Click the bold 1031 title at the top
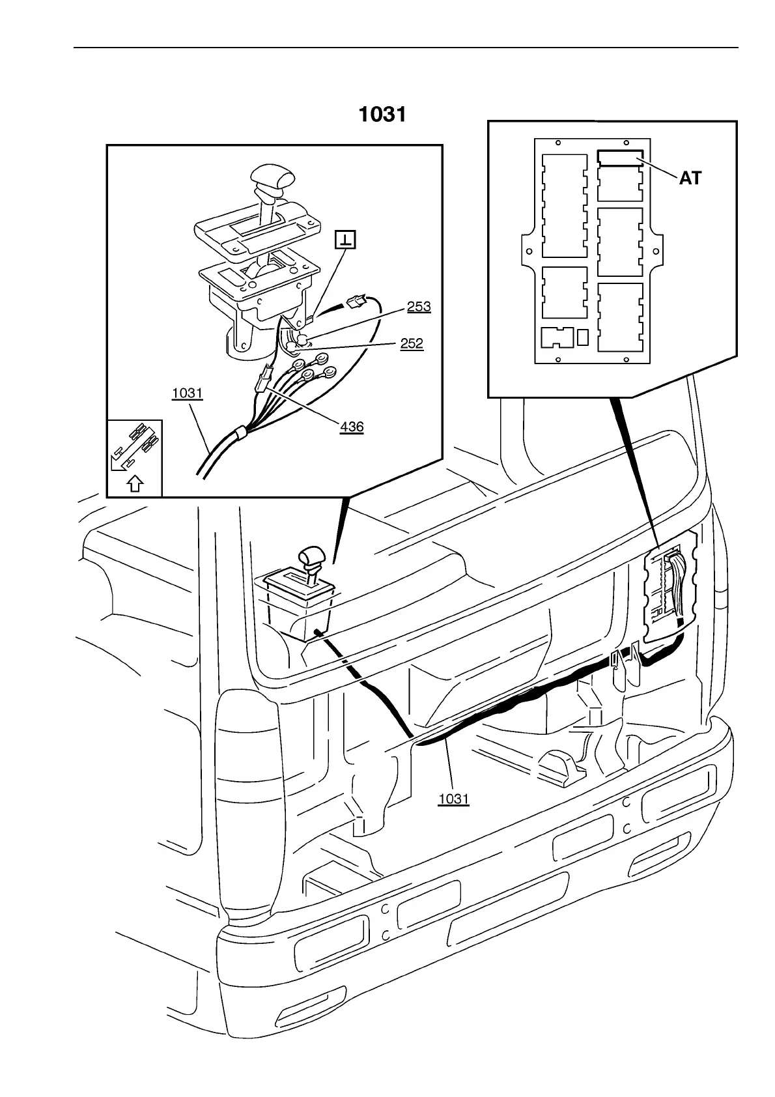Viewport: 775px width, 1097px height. (382, 115)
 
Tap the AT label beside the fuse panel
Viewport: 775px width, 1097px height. (690, 178)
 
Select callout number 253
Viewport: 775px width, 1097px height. (419, 306)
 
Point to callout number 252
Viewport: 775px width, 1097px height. (412, 343)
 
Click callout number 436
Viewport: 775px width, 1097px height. (352, 427)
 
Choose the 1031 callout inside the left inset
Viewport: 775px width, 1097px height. (188, 393)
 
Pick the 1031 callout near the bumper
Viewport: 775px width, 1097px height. (454, 799)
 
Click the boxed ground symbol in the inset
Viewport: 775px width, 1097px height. (345, 240)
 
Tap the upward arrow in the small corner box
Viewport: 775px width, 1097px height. (135, 484)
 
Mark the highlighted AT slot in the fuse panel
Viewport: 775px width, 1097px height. (619, 157)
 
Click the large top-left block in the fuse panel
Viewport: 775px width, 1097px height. (565, 205)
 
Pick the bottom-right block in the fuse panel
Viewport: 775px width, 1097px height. (620, 317)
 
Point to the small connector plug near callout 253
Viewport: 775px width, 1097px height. (356, 301)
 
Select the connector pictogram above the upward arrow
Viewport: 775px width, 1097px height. (135, 446)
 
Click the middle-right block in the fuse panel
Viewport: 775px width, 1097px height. (620, 242)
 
